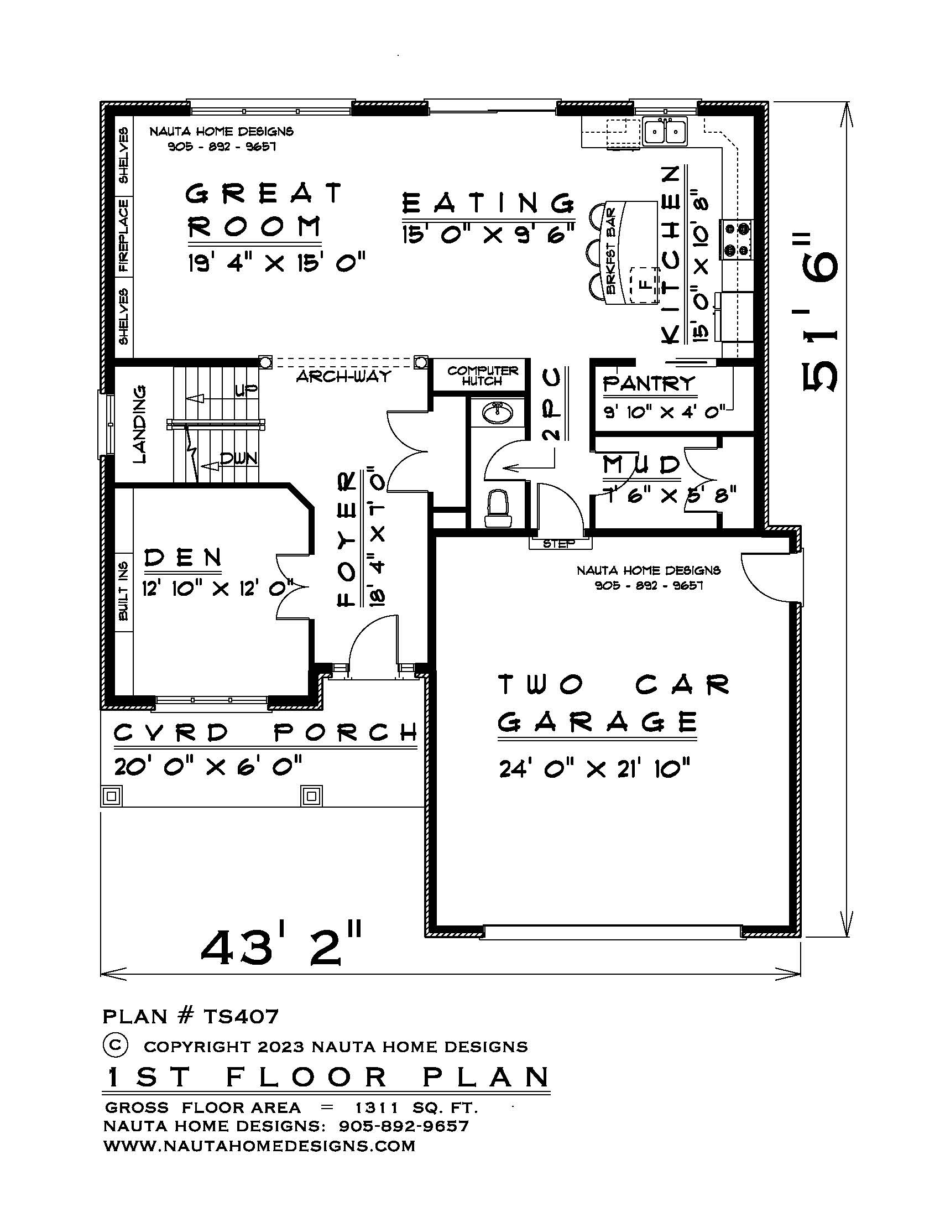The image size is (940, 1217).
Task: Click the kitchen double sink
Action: coord(664,132)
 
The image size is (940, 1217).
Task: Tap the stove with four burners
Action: coord(736,240)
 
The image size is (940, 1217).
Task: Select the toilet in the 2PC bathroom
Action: coord(497,508)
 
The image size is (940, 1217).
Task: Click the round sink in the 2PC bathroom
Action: coord(497,413)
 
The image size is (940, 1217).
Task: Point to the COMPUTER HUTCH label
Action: coord(483,376)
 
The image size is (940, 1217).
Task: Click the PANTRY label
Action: coord(649,383)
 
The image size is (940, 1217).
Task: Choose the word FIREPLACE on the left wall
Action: coord(123,235)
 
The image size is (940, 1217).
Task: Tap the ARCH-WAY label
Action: coord(343,376)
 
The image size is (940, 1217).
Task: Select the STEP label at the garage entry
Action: coord(558,544)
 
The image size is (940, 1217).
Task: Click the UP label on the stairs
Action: coord(246,390)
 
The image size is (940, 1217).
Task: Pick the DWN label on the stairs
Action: coord(239,459)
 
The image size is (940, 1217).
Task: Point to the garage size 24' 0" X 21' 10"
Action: coord(594,769)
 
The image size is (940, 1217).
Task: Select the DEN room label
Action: coord(182,557)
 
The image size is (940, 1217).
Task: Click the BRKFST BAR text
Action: coord(611,251)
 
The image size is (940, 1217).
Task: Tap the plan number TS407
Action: coord(241,1017)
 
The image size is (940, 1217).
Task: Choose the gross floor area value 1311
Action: coord(377,1107)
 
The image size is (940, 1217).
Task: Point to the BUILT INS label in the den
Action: coord(124,591)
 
